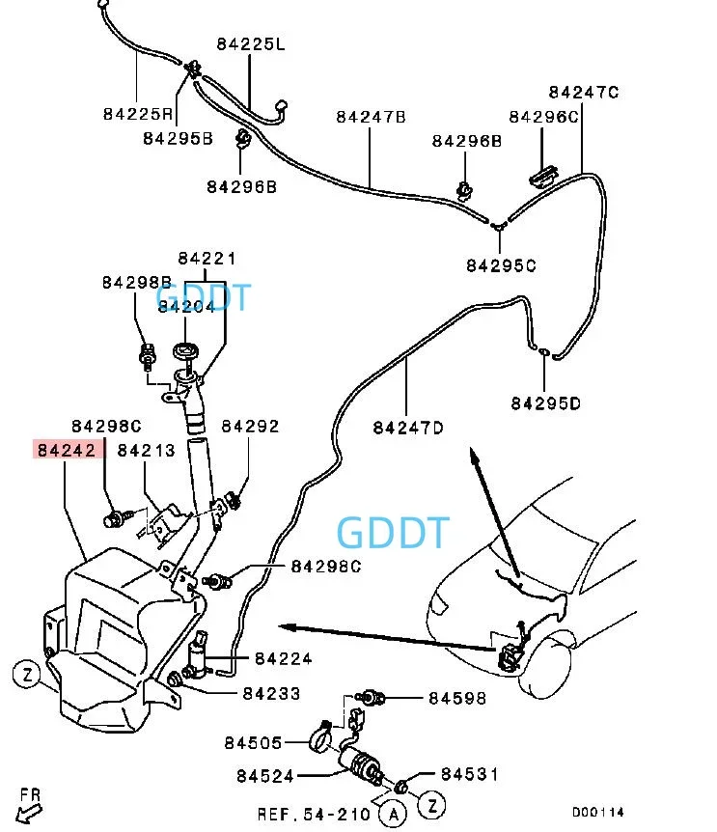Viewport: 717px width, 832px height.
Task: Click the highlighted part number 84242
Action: pos(67,450)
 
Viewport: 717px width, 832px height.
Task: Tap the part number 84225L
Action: pos(251,44)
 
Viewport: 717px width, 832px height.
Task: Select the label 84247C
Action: pos(584,93)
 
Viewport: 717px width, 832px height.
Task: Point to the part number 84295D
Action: pos(545,403)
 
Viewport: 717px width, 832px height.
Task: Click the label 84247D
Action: pos(408,428)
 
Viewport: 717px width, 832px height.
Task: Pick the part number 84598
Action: pos(457,698)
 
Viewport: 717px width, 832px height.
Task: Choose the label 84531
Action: pos(469,775)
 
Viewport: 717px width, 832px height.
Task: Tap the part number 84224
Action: pos(283,659)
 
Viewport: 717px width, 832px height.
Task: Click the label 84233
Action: pos(271,694)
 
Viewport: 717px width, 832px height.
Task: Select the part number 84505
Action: pos(253,743)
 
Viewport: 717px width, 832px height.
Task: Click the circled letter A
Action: pos(393,815)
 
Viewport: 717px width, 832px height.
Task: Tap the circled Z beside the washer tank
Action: pos(26,675)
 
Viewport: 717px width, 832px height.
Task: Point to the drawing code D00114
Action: pos(597,813)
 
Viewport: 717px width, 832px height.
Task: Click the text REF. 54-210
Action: pos(314,815)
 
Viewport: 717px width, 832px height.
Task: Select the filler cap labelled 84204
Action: pos(185,350)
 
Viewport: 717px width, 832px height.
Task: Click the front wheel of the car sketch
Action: pos(547,664)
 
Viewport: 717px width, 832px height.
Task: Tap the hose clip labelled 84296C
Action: pos(543,177)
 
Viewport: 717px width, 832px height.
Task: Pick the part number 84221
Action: pos(207,259)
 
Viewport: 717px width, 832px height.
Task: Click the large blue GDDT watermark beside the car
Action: pos(394,533)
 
